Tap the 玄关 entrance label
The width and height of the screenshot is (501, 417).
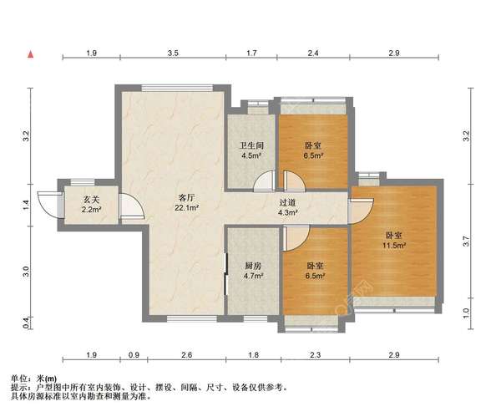(92, 199)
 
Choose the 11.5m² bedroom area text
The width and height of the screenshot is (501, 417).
(394, 246)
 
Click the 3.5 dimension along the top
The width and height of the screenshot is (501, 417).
(173, 53)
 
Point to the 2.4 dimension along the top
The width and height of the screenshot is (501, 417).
(313, 53)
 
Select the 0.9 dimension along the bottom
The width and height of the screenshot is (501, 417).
(134, 355)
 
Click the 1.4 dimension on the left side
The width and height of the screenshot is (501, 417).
(27, 202)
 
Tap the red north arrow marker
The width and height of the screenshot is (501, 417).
(31, 54)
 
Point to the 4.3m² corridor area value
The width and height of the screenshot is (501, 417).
(287, 213)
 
